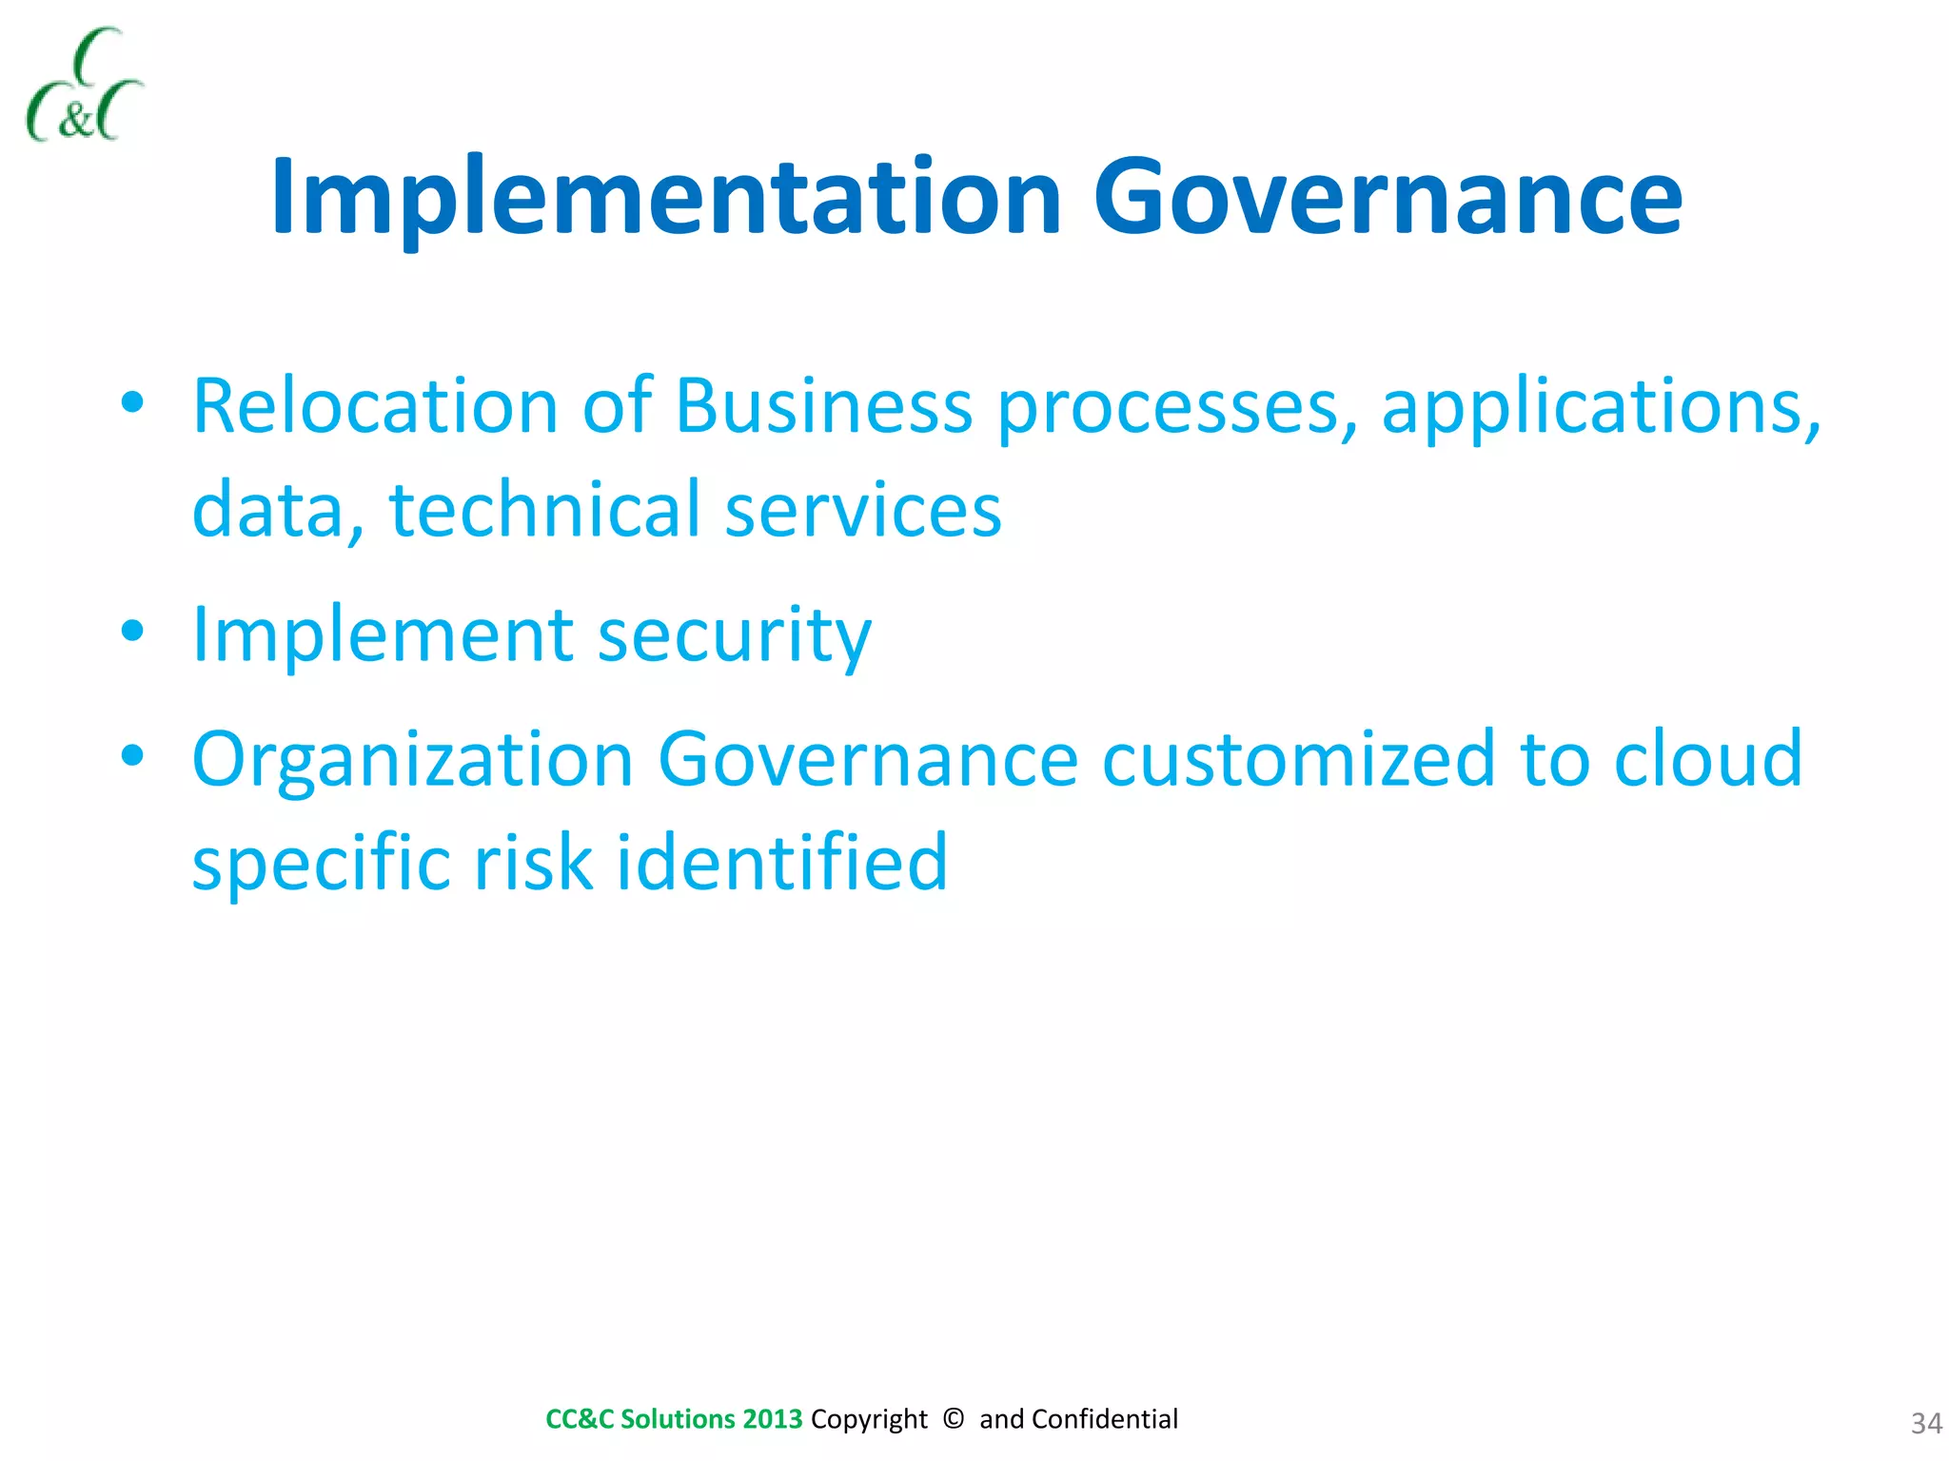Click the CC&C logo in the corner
pyautogui.click(x=84, y=86)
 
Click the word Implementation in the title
pyautogui.click(x=665, y=198)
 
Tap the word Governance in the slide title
pyautogui.click(x=1388, y=198)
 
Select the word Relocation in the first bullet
pyautogui.click(x=374, y=406)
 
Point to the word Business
pyautogui.click(x=823, y=406)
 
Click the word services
pyautogui.click(x=862, y=511)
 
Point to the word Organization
pyautogui.click(x=412, y=761)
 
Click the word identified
pyautogui.click(x=781, y=862)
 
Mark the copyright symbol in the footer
pyautogui.click(x=953, y=1418)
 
